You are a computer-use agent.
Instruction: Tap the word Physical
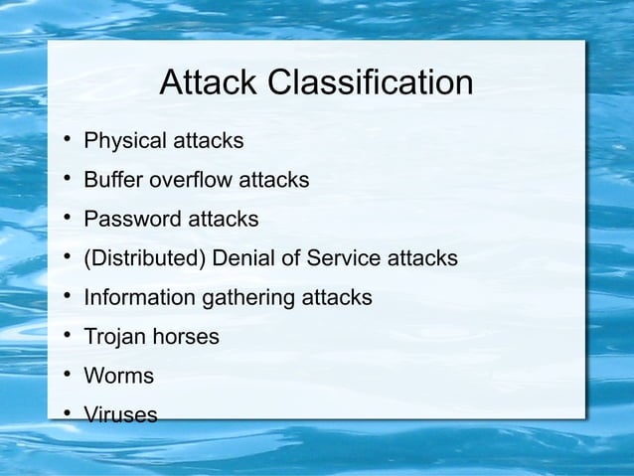[x=125, y=141]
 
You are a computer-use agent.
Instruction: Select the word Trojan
[x=113, y=338]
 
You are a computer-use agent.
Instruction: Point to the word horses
[x=184, y=338]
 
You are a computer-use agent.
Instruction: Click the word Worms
[x=118, y=377]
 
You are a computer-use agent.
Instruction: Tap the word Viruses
[x=120, y=415]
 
